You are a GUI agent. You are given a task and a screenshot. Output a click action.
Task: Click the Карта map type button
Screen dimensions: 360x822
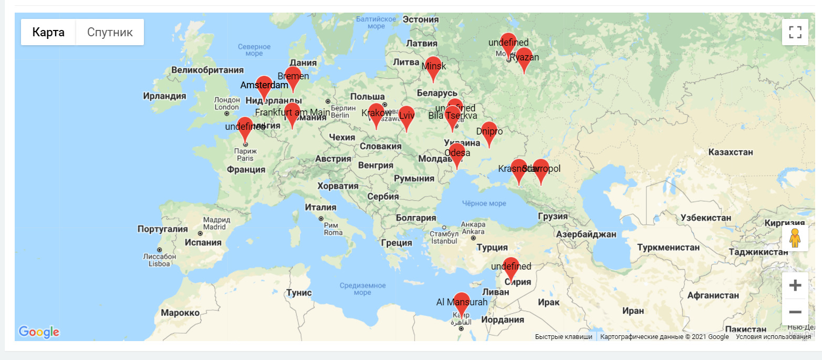48,32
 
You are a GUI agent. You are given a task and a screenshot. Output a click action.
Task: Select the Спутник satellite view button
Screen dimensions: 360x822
110,32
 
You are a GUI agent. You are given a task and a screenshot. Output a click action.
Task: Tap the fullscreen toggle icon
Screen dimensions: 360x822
795,32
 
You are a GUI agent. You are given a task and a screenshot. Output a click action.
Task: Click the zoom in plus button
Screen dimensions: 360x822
795,285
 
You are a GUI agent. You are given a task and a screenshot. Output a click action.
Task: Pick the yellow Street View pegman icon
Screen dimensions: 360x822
795,238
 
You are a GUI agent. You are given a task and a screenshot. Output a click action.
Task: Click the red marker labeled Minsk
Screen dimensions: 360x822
432,67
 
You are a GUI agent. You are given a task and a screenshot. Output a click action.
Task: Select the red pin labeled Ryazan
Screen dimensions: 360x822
524,58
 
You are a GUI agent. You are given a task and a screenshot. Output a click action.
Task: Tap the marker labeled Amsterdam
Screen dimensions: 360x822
264,87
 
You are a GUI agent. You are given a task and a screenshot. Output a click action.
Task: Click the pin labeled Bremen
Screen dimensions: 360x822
293,77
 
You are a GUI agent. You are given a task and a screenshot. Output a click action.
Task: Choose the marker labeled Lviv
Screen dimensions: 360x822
406,117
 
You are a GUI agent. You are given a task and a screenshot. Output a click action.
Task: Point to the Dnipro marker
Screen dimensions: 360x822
489,132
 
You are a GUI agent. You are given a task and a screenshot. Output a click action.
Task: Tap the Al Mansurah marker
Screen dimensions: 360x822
462,303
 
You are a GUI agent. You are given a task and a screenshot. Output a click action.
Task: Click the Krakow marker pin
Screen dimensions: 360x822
376,114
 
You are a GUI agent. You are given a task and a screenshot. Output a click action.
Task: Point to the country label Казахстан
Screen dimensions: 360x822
731,152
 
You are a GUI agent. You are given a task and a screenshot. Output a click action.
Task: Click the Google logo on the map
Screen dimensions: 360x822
39,332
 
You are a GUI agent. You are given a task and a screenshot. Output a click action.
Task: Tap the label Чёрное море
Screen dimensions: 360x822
484,203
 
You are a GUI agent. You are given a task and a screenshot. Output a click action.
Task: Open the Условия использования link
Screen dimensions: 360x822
773,337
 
